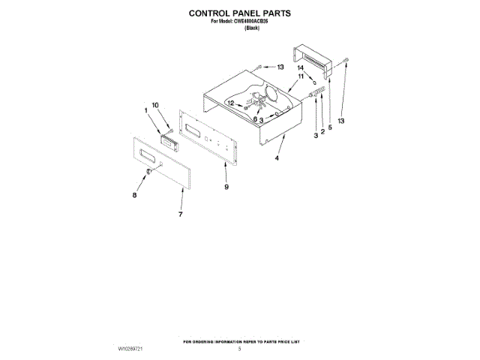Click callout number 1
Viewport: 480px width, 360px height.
click(146, 111)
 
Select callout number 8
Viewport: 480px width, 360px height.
click(135, 194)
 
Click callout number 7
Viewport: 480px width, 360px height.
click(180, 214)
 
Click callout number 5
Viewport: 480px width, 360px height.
click(330, 127)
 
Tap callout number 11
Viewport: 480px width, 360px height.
click(300, 76)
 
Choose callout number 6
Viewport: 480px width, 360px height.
click(255, 118)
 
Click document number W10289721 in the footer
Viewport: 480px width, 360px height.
click(132, 349)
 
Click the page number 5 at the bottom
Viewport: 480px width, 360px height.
click(240, 349)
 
